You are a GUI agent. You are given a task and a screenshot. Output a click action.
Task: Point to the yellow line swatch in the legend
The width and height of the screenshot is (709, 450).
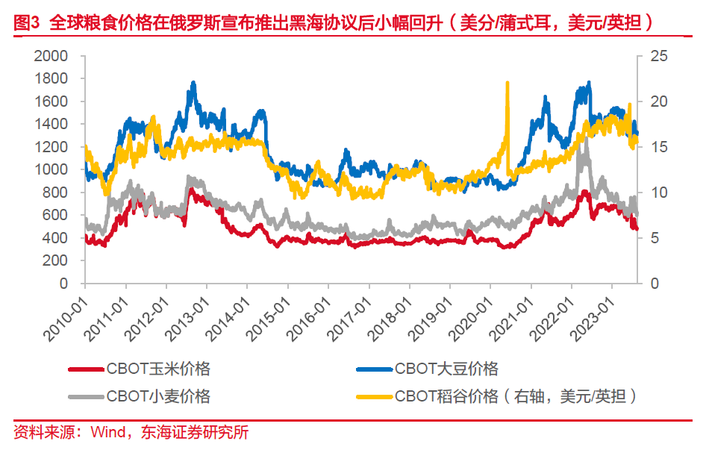click(x=373, y=396)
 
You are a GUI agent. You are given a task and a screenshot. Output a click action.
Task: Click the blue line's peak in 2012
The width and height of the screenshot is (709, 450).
click(x=193, y=83)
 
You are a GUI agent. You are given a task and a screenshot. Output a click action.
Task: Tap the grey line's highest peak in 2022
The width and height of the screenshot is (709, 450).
click(x=584, y=139)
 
